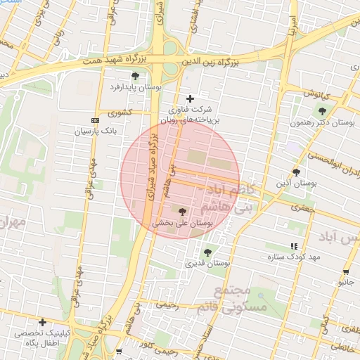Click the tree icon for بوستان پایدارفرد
[135, 76]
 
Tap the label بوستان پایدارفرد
[135, 87]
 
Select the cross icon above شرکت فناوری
[189, 98]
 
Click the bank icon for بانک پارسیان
[96, 120]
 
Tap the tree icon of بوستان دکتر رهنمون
[322, 111]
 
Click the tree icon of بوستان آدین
[296, 172]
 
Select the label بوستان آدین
[292, 184]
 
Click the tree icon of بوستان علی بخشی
[183, 211]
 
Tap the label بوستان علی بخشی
[182, 222]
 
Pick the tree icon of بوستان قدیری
[207, 252]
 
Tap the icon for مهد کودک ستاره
[294, 246]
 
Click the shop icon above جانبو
[347, 271]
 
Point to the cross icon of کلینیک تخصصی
[43, 322]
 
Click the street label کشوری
[120, 112]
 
